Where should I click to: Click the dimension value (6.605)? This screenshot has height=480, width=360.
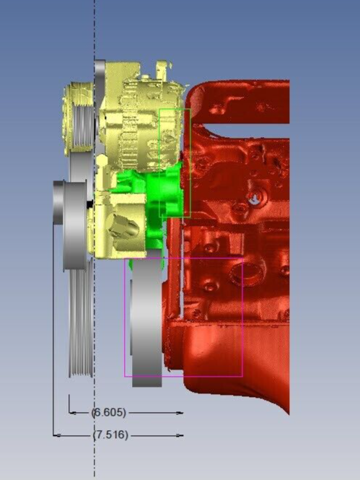pyautogui.click(x=109, y=413)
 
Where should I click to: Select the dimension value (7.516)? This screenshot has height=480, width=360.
pyautogui.click(x=109, y=435)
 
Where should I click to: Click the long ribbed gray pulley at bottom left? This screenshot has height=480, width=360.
pyautogui.click(x=81, y=318)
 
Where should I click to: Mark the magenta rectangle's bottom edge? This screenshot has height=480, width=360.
pyautogui.click(x=184, y=377)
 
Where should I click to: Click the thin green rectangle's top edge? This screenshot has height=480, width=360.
pyautogui.click(x=175, y=110)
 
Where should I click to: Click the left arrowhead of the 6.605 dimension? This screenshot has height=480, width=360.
pyautogui.click(x=71, y=413)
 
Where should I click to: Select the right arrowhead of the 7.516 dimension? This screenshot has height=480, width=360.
pyautogui.click(x=180, y=435)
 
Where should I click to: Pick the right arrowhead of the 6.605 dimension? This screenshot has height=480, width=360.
pyautogui.click(x=180, y=413)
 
